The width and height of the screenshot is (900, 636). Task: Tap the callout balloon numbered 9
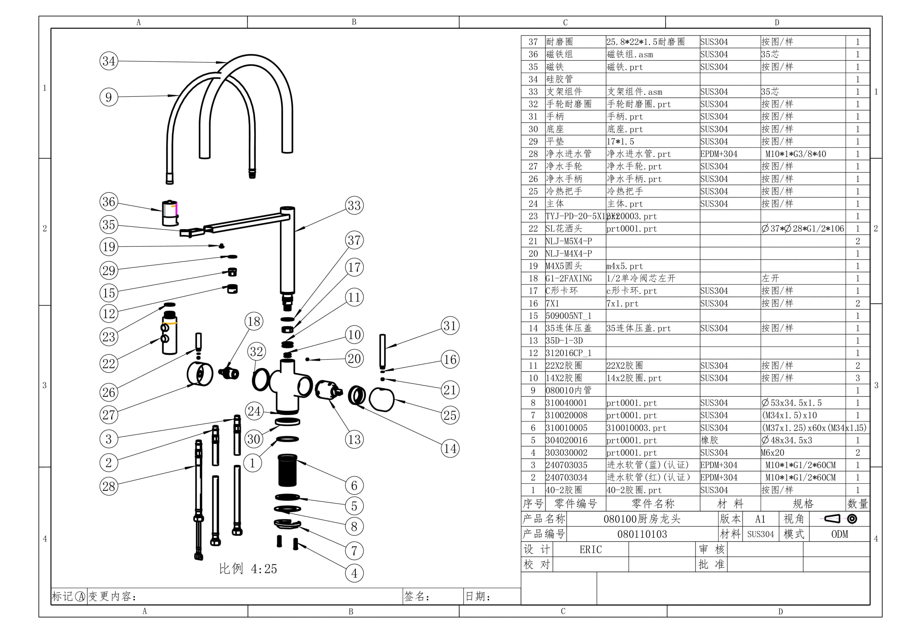(109, 97)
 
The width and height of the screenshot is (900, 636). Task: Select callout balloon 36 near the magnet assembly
(109, 201)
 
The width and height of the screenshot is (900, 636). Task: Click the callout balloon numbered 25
(450, 415)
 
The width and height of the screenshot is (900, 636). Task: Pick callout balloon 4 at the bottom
(354, 573)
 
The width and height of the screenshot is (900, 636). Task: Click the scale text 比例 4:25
(248, 568)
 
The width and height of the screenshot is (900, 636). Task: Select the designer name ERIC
(590, 549)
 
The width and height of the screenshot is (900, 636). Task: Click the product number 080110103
(642, 534)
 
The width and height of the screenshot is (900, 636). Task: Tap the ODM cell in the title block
(839, 534)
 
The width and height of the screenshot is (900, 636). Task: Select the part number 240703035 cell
(566, 465)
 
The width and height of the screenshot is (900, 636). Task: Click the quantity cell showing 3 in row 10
(857, 378)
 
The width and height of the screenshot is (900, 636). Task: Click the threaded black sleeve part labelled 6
(287, 470)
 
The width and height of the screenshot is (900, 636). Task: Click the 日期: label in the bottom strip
(478, 596)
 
